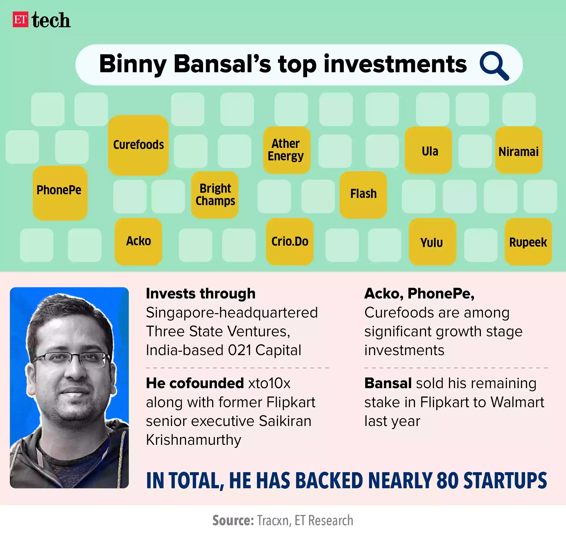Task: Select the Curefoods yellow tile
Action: [138, 145]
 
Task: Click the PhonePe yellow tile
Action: [60, 193]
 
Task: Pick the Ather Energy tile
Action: [286, 150]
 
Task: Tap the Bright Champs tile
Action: [215, 195]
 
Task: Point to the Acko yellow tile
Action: [138, 241]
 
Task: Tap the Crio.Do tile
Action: [290, 241]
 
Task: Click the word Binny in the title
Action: [133, 64]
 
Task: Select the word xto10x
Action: [269, 383]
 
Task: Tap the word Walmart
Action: [517, 402]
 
